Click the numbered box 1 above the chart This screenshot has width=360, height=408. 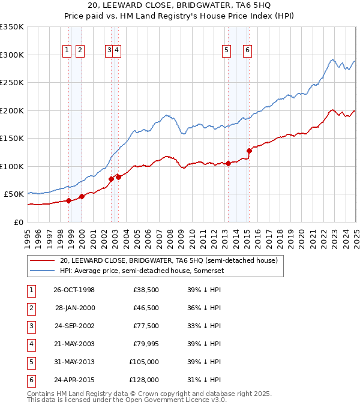point(67,50)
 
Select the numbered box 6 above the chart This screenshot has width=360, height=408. point(247,50)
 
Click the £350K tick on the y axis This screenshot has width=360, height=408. point(12,27)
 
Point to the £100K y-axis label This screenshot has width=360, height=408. point(12,166)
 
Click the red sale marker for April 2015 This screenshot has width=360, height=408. point(249,151)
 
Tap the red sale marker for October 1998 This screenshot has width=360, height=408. point(69,200)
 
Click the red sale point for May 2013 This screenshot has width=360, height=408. point(229,163)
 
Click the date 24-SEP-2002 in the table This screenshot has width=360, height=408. point(74,326)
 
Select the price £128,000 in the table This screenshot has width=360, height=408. point(144,379)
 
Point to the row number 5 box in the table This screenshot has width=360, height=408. point(31,362)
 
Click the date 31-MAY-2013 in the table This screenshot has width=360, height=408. point(74,362)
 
